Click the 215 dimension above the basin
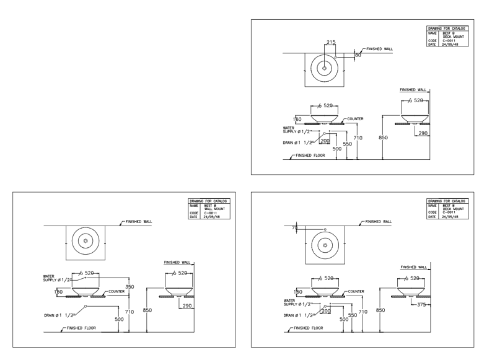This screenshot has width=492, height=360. (x=331, y=42)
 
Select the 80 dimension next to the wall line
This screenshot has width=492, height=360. (x=358, y=56)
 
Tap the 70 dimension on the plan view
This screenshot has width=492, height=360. (x=294, y=228)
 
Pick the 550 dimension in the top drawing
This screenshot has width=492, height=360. (x=348, y=143)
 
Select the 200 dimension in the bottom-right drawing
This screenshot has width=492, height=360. (x=326, y=310)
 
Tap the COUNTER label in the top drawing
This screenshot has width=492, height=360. (x=355, y=118)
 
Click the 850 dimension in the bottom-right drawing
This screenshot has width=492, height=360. (x=382, y=310)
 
